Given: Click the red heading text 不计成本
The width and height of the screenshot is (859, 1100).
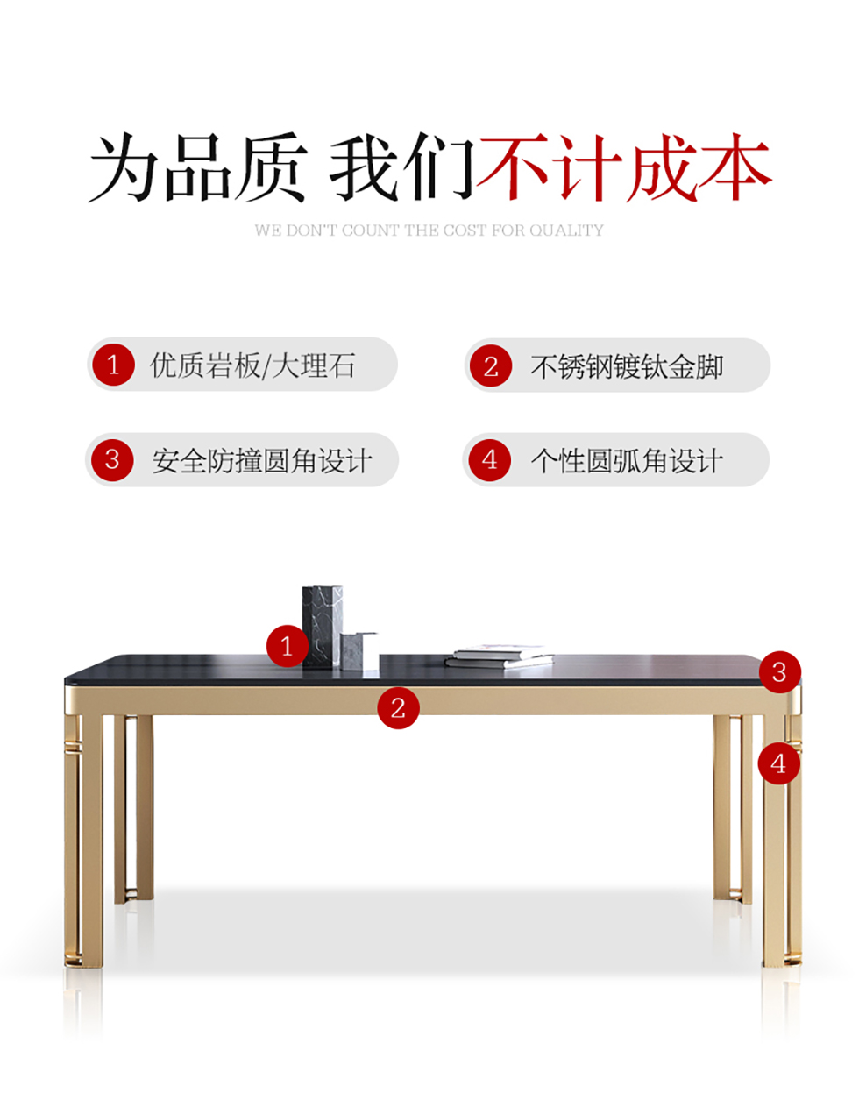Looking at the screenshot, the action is click(624, 167).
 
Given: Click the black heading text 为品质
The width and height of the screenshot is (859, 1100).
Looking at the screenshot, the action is click(198, 167).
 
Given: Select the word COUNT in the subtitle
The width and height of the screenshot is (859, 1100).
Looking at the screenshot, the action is click(370, 231).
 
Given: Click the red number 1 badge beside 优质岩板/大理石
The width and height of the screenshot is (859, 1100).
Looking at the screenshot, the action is click(113, 365).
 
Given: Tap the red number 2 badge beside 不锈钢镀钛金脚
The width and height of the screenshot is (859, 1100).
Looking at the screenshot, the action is click(491, 365).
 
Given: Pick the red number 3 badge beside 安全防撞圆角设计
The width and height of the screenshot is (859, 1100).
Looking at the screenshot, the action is click(112, 460).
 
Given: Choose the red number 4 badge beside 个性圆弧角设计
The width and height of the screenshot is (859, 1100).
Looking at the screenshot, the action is click(489, 460).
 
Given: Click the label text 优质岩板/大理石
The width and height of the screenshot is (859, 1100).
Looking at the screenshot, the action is click(252, 365).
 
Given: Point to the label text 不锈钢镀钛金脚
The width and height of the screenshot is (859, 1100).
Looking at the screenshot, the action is click(627, 366).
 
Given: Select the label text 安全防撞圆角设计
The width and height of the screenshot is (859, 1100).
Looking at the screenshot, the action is click(262, 461).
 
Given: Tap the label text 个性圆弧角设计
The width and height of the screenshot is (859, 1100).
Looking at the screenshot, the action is click(626, 461).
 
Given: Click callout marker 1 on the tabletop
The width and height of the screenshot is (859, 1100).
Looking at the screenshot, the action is click(287, 646).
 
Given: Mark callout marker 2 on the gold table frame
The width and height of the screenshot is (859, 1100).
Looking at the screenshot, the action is click(398, 707).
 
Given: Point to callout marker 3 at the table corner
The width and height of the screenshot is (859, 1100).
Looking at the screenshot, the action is click(779, 672).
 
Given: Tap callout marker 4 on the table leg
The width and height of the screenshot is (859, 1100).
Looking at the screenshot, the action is click(779, 763).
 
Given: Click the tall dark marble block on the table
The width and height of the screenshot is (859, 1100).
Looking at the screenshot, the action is click(323, 627).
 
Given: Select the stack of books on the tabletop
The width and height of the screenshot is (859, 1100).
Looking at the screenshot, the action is click(500, 656).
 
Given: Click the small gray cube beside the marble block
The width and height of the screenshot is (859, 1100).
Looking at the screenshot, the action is click(359, 651).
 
